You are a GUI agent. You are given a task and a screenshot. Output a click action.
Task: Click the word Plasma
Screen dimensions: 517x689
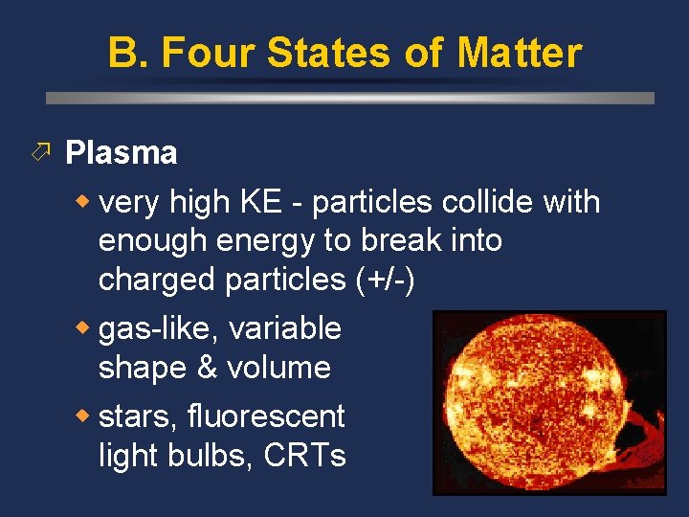coord(121,153)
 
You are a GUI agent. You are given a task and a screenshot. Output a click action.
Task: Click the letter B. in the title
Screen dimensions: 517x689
coord(128,53)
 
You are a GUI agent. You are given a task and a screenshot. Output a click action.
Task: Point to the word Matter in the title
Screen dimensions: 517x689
coord(519,53)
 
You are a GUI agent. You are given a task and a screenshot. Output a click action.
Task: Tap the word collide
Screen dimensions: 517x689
coord(487,203)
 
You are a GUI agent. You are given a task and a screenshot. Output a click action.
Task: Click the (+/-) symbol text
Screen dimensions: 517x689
coord(385,280)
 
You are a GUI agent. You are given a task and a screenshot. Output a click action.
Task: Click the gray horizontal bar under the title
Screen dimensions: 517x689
coord(350,98)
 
